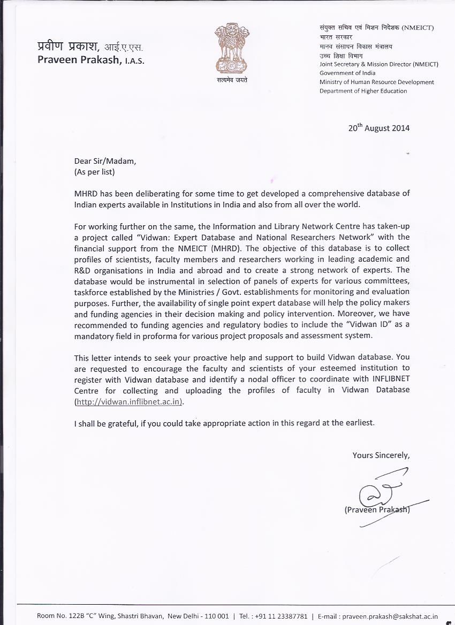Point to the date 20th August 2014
click(x=378, y=128)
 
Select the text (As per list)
click(x=94, y=172)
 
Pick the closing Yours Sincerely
click(x=381, y=455)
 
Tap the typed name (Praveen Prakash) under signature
click(x=377, y=510)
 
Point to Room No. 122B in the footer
click(x=60, y=616)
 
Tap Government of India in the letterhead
click(x=347, y=73)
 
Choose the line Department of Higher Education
click(x=363, y=91)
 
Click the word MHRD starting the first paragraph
click(x=85, y=193)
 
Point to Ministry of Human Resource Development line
click(x=377, y=82)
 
